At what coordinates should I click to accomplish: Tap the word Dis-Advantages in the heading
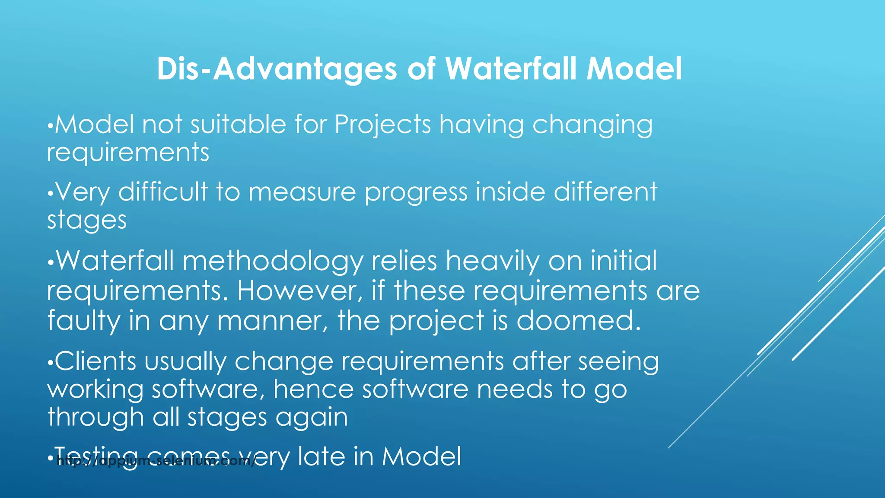tap(277, 69)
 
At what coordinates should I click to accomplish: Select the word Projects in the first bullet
tap(383, 124)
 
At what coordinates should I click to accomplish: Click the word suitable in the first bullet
tap(238, 124)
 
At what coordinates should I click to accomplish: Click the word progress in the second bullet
tap(416, 193)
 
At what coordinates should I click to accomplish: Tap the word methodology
tap(273, 262)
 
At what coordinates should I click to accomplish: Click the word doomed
tap(579, 320)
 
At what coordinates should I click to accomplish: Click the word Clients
tap(96, 361)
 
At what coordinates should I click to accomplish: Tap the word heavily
tap(493, 262)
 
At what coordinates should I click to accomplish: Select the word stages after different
tap(87, 220)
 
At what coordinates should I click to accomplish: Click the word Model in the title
tap(634, 69)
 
